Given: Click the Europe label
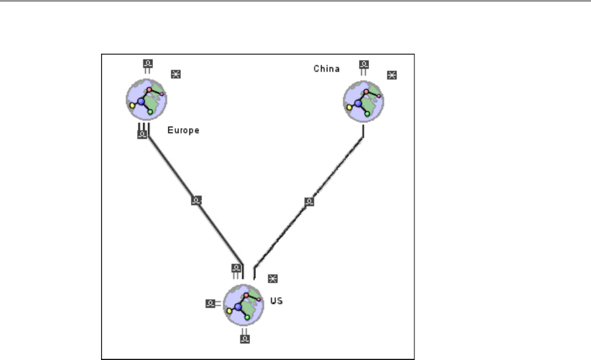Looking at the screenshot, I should point(183,130).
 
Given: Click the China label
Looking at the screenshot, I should point(326,68).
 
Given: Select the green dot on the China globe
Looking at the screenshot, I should point(368,112).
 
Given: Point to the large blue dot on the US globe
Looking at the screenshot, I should point(239,308).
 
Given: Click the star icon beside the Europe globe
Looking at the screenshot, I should point(176,74).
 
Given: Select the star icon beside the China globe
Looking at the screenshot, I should point(392,75).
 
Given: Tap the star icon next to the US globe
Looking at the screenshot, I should point(273,278).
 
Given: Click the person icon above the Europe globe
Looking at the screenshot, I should point(148,63).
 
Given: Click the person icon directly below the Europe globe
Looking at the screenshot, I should point(143,135).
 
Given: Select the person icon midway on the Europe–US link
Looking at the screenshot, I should point(196,201).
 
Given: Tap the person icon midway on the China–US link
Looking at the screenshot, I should point(310,201).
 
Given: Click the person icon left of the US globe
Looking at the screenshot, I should point(210,304).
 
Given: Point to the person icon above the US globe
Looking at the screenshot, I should point(236,269).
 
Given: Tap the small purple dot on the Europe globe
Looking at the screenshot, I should point(162,95).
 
